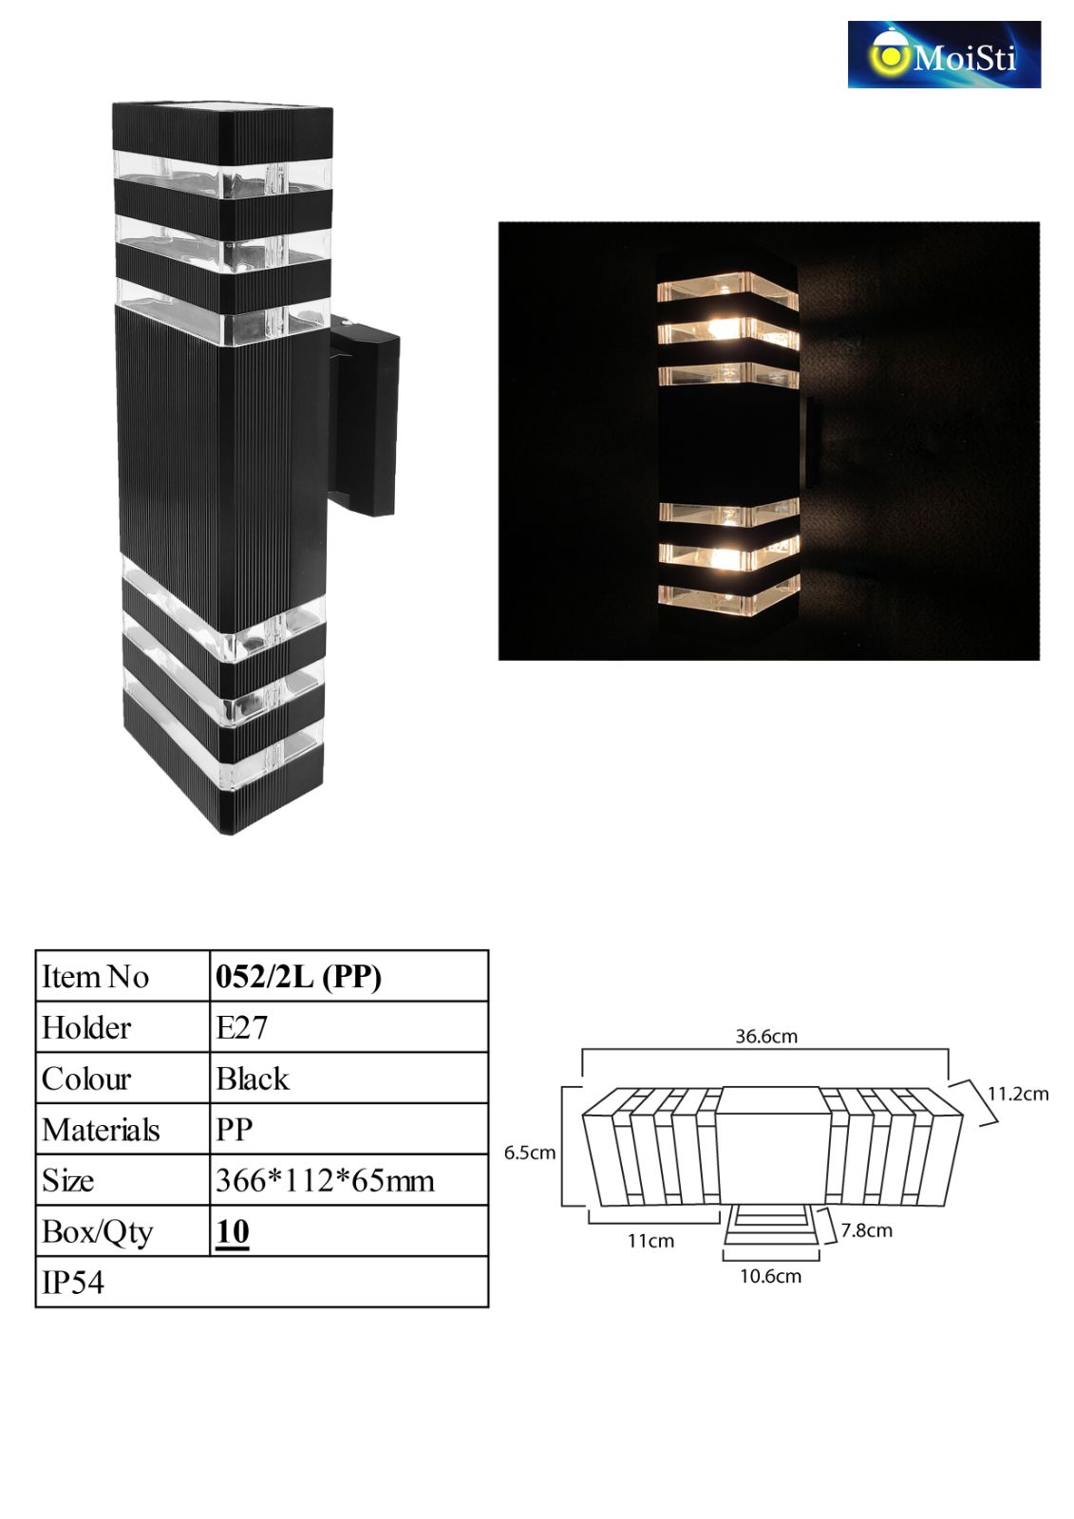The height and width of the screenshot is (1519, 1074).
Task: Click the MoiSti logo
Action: [x=944, y=54]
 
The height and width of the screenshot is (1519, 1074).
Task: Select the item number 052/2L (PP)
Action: [x=298, y=977]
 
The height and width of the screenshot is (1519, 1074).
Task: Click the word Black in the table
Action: [x=253, y=1078]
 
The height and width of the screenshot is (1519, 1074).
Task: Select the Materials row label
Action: [x=101, y=1130]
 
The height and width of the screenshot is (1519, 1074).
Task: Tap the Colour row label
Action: [x=86, y=1078]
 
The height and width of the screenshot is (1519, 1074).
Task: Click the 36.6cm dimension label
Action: [x=766, y=1036]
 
